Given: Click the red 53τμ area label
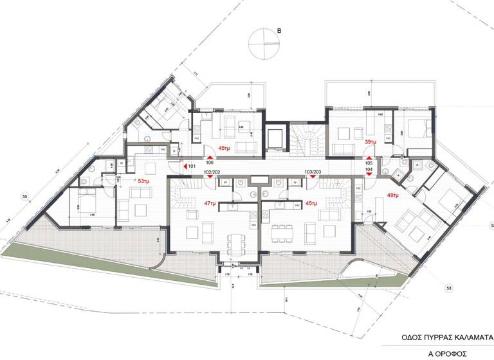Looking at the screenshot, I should tap(143, 182).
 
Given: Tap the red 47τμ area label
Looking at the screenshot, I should tap(210, 203).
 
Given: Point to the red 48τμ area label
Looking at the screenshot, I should tap(393, 195).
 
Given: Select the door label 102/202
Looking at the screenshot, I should tap(213, 172).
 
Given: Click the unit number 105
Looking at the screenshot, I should tap(369, 163).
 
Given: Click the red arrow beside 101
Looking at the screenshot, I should tap(185, 166).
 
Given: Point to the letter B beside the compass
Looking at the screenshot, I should tap(279, 30).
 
